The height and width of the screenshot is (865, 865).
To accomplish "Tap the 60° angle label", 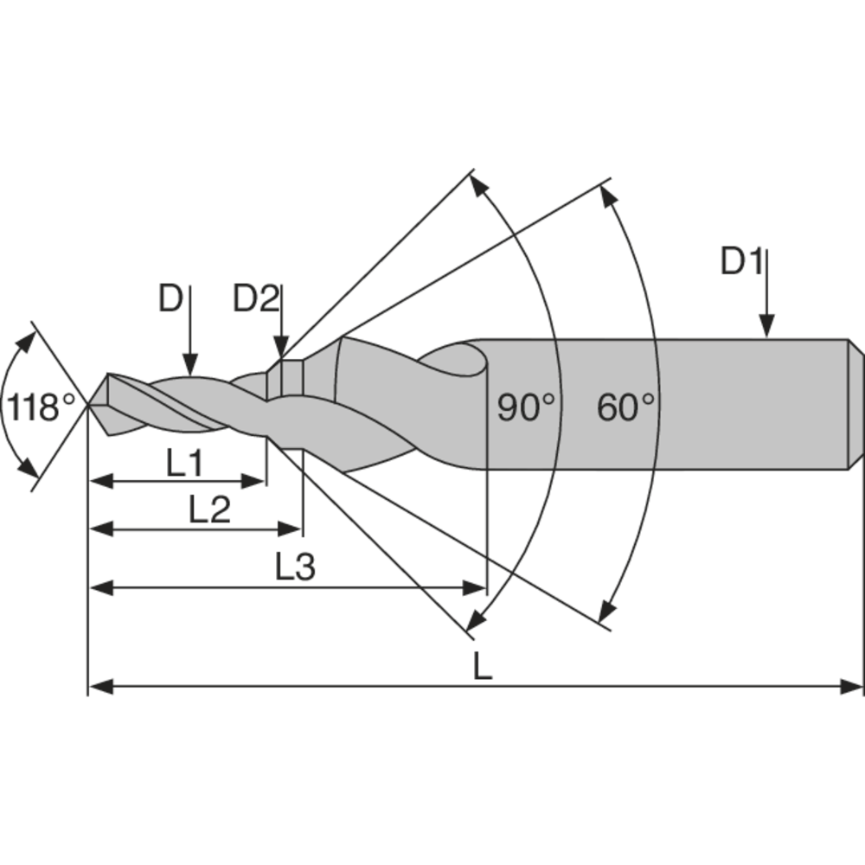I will [625, 407].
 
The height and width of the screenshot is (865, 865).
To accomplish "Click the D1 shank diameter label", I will [741, 262].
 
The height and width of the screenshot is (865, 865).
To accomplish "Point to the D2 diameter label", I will [256, 299].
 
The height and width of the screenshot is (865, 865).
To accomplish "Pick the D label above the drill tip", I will [170, 299].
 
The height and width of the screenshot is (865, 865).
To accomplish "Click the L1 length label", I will [184, 465].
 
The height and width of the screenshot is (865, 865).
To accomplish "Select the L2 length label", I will [209, 511].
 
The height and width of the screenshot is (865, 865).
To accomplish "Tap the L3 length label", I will [295, 568].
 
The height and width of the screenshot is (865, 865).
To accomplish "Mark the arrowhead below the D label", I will [191, 367].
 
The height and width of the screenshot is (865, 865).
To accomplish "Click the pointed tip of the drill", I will [90, 404].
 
